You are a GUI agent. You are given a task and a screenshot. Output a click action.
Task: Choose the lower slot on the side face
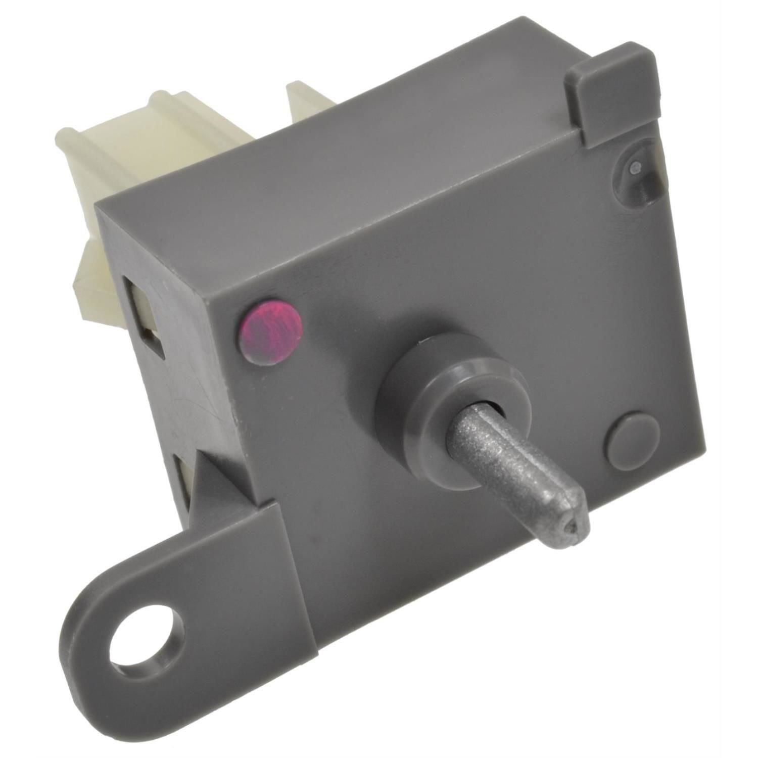(187, 485)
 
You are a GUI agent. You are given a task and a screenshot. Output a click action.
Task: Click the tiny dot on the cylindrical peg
(637, 165)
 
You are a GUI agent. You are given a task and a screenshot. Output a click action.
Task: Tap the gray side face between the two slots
(192, 399)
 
